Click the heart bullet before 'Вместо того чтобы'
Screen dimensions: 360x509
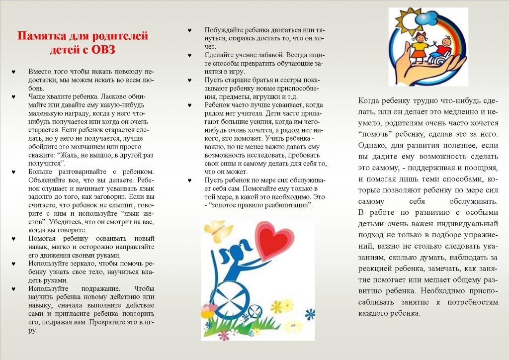pyautogui.click(x=13, y=72)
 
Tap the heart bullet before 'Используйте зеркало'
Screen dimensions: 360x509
pyautogui.click(x=13, y=264)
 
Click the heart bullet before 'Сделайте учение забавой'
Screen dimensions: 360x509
pyautogui.click(x=189, y=55)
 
